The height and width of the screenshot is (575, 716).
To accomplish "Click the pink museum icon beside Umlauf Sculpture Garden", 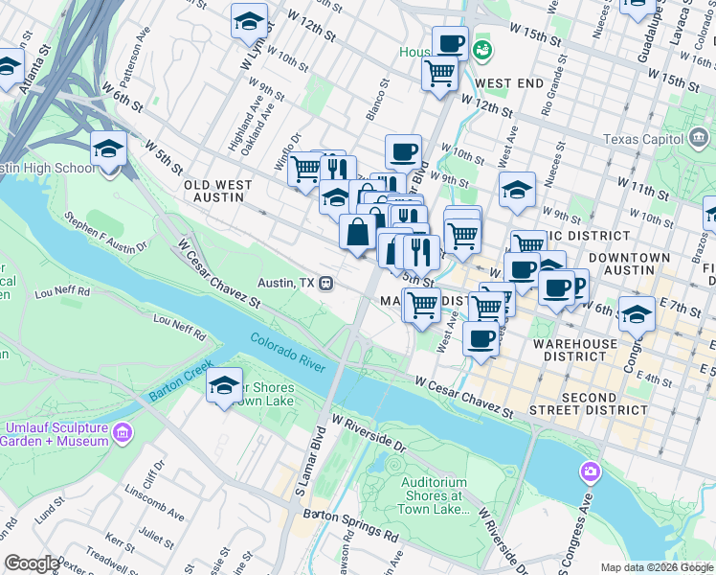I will click(122, 433).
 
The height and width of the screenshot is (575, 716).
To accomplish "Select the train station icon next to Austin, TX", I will click(326, 284).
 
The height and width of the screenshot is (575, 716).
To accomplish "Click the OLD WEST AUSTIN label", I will click(218, 192).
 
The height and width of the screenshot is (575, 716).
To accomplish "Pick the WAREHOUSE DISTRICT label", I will click(573, 351).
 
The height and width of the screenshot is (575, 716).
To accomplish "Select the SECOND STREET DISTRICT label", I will click(590, 403).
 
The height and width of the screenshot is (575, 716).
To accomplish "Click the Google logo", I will click(32, 563).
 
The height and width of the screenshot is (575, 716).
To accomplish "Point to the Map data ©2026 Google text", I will click(657, 567).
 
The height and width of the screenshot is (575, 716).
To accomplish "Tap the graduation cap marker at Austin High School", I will click(109, 149).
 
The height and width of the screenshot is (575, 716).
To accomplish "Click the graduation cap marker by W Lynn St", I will click(249, 20).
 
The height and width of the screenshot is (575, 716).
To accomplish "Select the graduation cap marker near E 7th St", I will click(637, 313).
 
